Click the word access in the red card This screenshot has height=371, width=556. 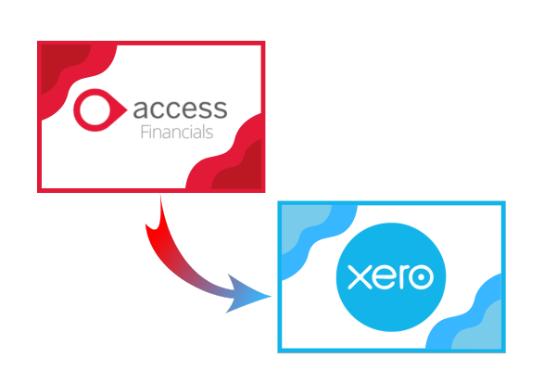click(180, 109)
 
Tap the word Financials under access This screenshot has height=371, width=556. click(177, 132)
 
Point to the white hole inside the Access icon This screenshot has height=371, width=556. click(95, 109)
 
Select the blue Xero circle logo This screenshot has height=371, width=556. click(391, 277)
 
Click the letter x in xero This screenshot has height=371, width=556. click(360, 277)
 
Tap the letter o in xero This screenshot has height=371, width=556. click(421, 277)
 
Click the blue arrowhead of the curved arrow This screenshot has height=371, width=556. click(245, 294)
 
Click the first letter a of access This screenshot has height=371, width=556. click(140, 109)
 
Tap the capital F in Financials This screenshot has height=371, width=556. click(145, 132)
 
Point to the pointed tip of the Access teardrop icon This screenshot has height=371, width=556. click(127, 109)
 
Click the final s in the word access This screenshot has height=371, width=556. click(220, 109)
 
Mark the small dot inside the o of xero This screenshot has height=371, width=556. click(421, 277)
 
